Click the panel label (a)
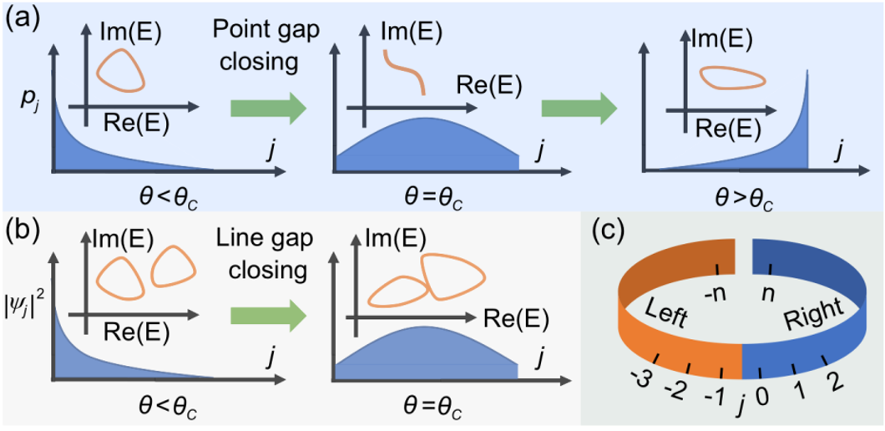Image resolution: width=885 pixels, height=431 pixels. pos(23,18)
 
